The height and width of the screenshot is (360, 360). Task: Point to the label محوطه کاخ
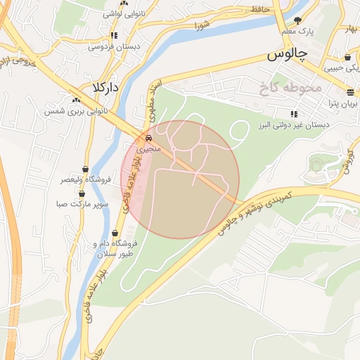pyautogui.click(x=289, y=88)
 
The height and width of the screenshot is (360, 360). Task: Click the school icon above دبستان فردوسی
pyautogui.click(x=113, y=35)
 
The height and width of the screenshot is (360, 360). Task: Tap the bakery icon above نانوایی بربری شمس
pyautogui.click(x=76, y=100)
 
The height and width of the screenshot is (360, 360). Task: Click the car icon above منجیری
pyautogui.click(x=148, y=138)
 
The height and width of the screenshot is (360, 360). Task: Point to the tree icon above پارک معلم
pyautogui.click(x=297, y=20)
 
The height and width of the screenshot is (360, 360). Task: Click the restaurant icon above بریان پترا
pyautogui.click(x=350, y=92)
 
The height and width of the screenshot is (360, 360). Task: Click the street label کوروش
pyautogui.click(x=345, y=163)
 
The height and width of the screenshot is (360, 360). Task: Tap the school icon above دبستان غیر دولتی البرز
pyautogui.click(x=293, y=113)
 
